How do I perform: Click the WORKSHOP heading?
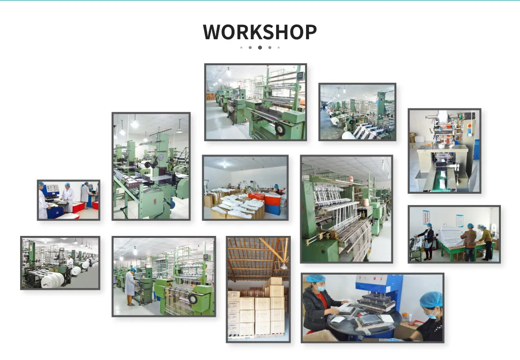[260, 32]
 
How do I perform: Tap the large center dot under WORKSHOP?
[260, 48]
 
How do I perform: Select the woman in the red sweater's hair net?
[314, 279]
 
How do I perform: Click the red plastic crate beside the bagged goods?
[256, 197]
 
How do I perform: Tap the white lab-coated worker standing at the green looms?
[130, 284]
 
